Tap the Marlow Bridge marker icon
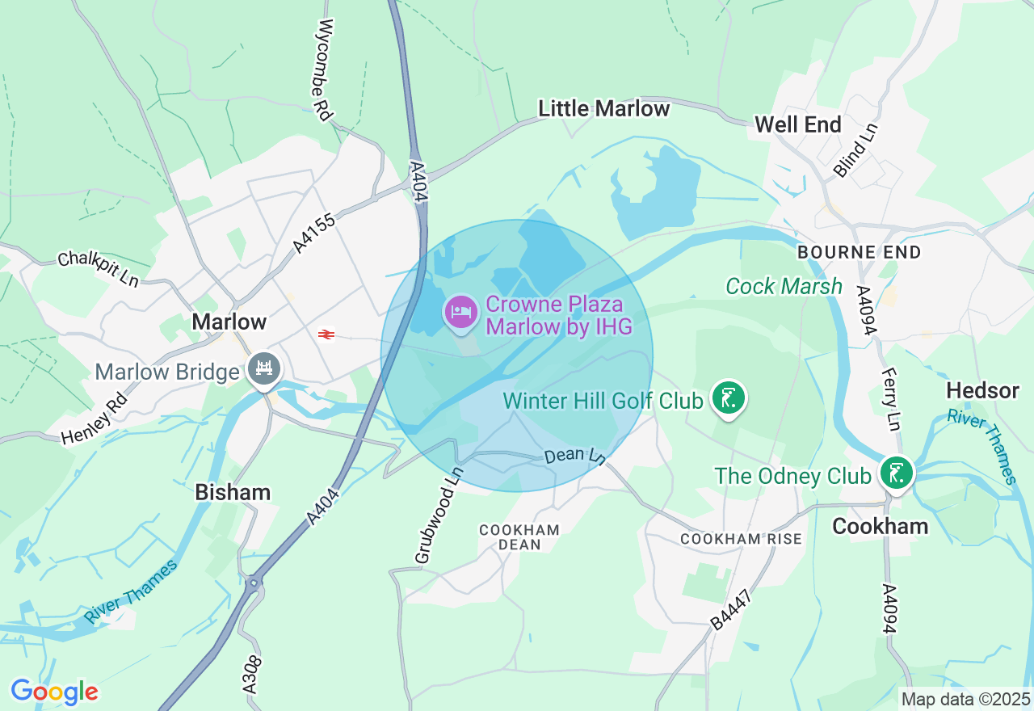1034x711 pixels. [x=263, y=369]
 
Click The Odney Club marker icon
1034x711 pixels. [x=896, y=473]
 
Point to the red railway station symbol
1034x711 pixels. [x=326, y=334]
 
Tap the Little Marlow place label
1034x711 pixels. [x=604, y=108]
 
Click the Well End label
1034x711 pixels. [x=798, y=124]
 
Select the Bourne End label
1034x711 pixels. [x=859, y=252]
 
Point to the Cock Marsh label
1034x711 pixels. [x=784, y=286]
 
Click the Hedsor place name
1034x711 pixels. [x=982, y=391]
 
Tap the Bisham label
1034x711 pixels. [x=233, y=492]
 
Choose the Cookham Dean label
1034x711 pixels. [x=519, y=537]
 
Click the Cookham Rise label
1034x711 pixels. [x=741, y=538]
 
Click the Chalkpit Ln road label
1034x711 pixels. [x=98, y=270]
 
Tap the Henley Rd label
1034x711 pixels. [x=95, y=419]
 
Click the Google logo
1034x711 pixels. [x=54, y=692]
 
